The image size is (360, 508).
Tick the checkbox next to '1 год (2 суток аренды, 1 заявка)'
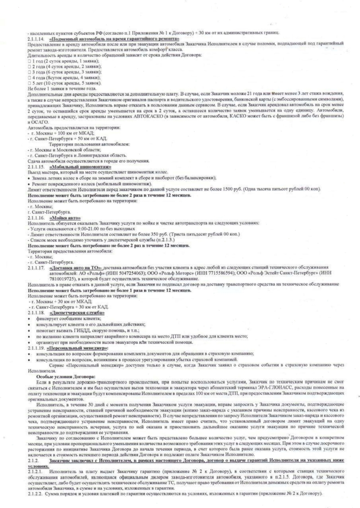[x=29, y=60]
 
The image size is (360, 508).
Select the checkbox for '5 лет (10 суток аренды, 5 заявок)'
[x=29, y=83]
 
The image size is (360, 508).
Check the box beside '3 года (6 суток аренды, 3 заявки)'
[x=29, y=72]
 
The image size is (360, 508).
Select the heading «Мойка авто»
[x=63, y=217]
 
